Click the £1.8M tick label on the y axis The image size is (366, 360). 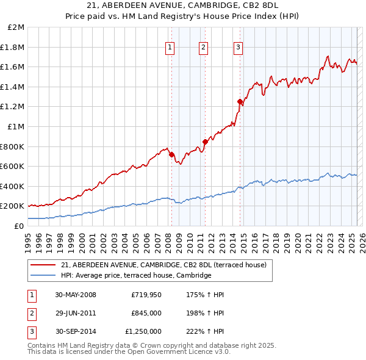13,47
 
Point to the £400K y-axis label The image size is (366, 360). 12,186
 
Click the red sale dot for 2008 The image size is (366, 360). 171,154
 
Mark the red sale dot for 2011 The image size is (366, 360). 205,142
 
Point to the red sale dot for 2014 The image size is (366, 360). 240,101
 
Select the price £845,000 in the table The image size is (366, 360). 146,313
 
